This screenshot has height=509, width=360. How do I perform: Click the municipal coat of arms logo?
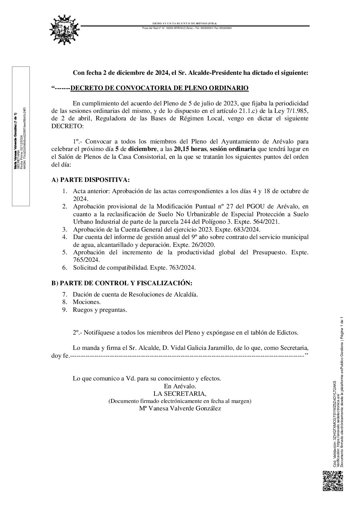(65, 30)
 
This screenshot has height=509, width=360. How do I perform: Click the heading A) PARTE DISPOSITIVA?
(90, 180)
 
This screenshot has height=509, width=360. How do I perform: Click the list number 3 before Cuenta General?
(65, 230)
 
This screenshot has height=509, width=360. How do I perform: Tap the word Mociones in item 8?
(86, 302)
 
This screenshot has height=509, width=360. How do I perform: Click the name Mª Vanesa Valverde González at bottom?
(180, 408)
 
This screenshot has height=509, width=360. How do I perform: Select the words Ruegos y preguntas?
(100, 310)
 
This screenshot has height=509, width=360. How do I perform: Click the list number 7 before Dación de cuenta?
(65, 294)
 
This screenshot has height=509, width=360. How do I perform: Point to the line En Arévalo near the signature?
(180, 386)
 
